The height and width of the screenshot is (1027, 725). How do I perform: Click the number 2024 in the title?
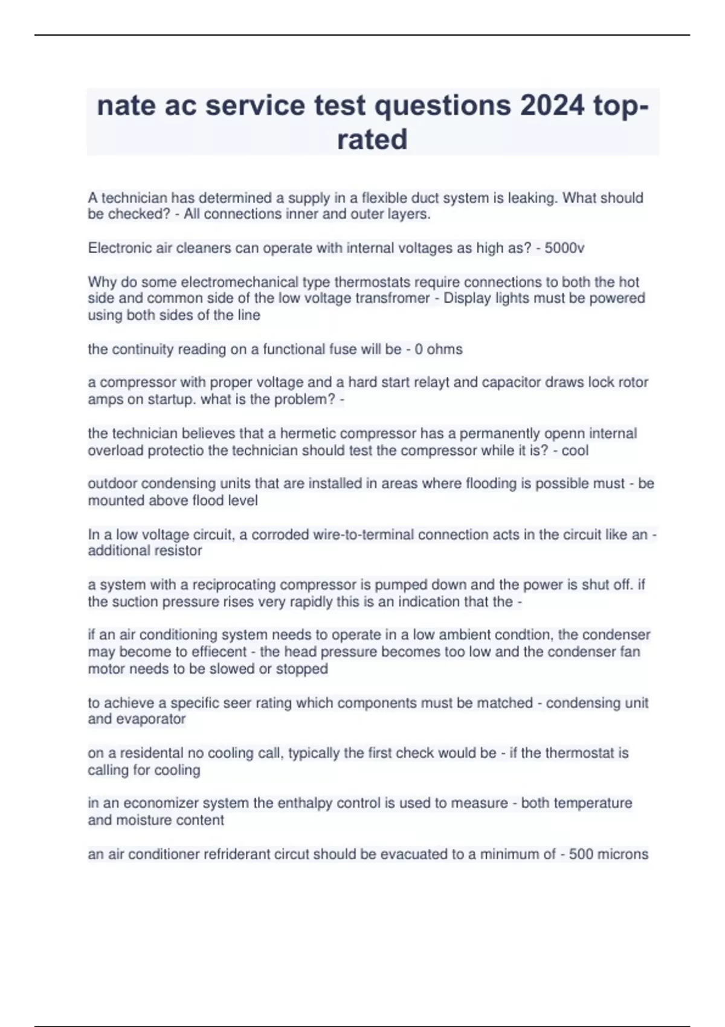click(x=552, y=106)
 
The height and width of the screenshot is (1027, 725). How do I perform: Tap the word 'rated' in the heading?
click(x=372, y=140)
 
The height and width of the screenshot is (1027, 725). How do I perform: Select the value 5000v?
click(x=564, y=248)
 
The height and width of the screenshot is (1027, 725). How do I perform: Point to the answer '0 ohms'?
click(x=439, y=349)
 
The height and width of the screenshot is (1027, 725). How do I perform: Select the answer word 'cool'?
click(x=575, y=451)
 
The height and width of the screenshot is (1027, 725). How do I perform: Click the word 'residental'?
click(x=157, y=753)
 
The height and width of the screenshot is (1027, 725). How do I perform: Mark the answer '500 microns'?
click(x=608, y=854)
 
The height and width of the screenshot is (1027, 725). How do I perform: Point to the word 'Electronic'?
click(x=120, y=248)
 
